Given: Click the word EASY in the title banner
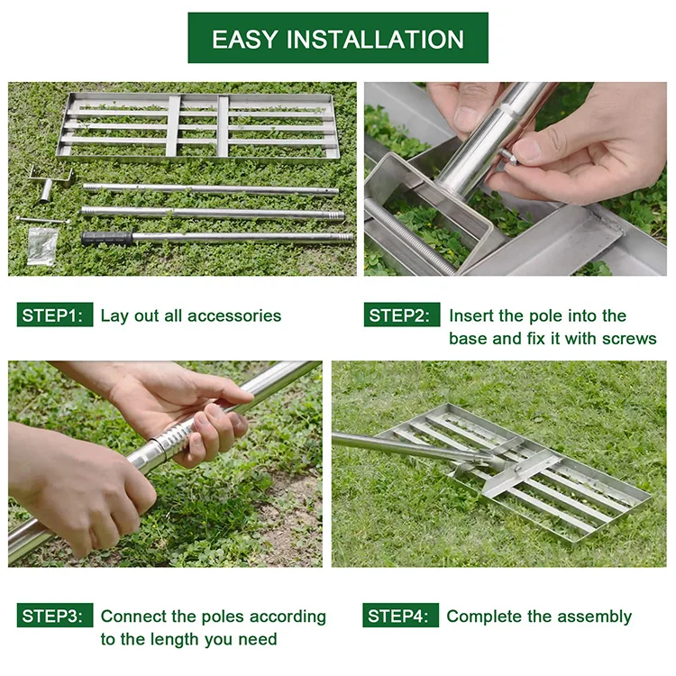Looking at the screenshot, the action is (x=244, y=40).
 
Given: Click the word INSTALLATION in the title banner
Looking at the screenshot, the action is (x=375, y=40).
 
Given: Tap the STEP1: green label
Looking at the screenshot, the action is (x=55, y=315).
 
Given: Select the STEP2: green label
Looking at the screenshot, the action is (x=402, y=315).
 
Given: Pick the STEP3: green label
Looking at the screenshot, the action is (x=55, y=616).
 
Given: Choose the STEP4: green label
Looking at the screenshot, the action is (x=400, y=616).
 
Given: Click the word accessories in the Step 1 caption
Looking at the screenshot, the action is (x=234, y=315).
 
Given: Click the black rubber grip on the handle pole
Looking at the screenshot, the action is (x=106, y=239).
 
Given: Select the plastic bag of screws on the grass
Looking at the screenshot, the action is (x=41, y=246).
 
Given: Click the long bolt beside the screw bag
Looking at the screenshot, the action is (x=42, y=220).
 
